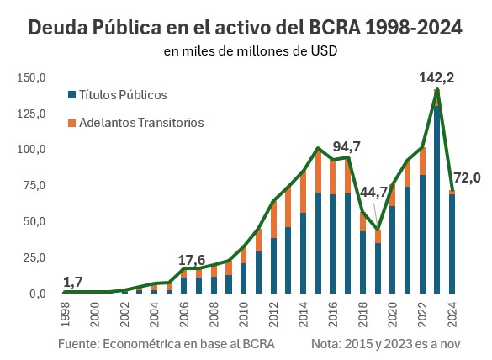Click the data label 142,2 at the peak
[x=436, y=78]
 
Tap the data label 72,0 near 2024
[x=468, y=177]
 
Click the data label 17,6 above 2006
[x=193, y=259]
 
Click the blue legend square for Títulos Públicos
[x=72, y=95]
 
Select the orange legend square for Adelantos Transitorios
[x=72, y=123]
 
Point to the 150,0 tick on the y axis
[x=31, y=77]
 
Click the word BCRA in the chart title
[x=331, y=27]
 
